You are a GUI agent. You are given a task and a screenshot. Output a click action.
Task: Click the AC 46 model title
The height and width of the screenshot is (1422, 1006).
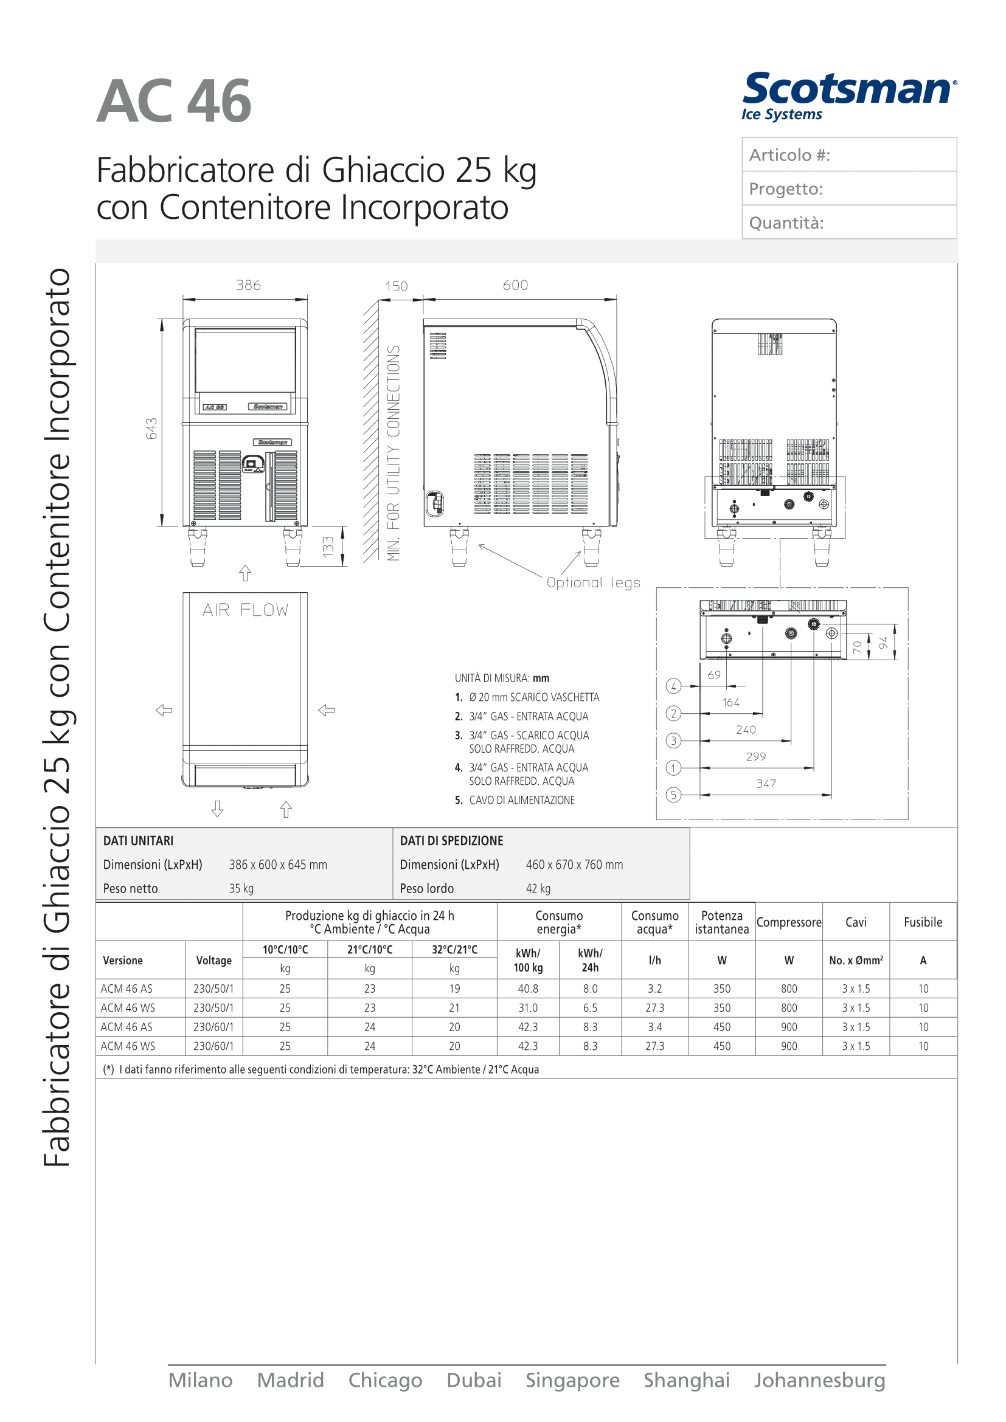(x=174, y=102)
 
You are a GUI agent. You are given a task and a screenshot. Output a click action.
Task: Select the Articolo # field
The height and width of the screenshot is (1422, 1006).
(x=848, y=155)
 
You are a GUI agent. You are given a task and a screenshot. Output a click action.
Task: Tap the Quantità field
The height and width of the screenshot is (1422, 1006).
(x=848, y=223)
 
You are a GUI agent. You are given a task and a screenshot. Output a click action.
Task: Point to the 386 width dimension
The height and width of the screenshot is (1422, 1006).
(x=248, y=286)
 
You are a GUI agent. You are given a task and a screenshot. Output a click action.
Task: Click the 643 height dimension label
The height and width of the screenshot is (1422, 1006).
(x=152, y=429)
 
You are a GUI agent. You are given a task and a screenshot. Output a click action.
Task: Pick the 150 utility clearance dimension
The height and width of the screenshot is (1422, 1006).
(x=396, y=287)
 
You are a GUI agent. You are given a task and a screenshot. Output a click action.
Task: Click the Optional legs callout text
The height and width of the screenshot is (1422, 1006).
(x=593, y=583)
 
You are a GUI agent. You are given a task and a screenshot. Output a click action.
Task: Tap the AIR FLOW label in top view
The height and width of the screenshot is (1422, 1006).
(x=245, y=610)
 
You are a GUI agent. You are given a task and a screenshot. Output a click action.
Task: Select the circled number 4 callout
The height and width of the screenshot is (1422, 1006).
(x=673, y=686)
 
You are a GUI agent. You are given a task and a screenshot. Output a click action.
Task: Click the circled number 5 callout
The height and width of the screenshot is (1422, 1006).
(x=673, y=795)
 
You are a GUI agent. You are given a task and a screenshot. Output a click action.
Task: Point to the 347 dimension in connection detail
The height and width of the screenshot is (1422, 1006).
(x=766, y=784)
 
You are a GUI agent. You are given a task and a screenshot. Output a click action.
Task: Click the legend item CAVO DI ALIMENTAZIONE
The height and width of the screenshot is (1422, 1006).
(x=522, y=800)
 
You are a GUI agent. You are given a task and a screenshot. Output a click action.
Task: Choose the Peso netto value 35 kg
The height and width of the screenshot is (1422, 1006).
(x=241, y=889)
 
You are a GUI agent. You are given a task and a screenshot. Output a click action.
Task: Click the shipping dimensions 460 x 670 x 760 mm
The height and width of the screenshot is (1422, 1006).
(x=574, y=865)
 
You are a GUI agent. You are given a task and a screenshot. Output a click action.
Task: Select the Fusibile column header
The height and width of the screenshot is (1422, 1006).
(x=923, y=922)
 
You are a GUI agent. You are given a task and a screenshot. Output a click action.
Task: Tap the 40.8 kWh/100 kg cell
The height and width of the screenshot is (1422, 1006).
(x=528, y=989)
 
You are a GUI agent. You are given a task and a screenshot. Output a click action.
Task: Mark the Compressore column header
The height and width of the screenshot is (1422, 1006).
(x=789, y=922)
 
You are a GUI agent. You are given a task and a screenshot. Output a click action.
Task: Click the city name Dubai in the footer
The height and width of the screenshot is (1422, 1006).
(x=474, y=1381)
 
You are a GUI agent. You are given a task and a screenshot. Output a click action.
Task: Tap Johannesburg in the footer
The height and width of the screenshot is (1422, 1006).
(x=819, y=1381)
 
